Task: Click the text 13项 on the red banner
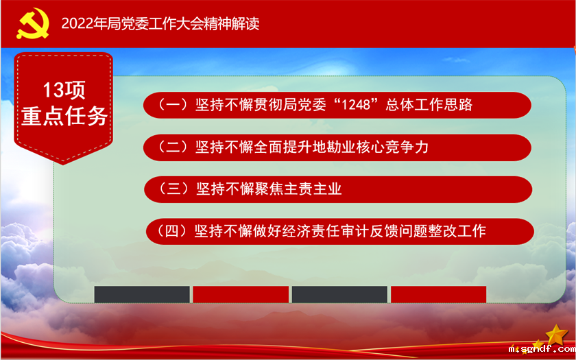coord(64,90)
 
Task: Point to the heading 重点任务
coord(64,116)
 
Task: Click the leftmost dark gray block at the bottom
coord(142,294)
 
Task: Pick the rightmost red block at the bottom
coord(438,294)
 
